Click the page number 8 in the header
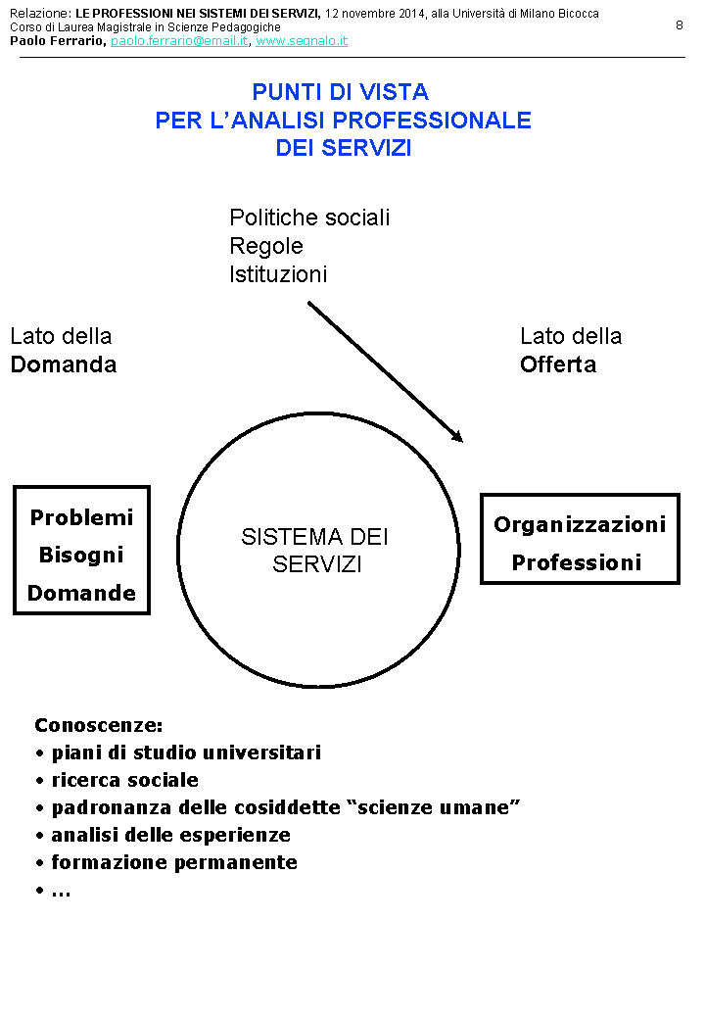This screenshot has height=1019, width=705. [x=680, y=25]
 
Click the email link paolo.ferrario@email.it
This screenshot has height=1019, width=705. [x=179, y=41]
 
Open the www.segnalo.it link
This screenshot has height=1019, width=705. [x=302, y=41]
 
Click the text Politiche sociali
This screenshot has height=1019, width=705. [x=309, y=218]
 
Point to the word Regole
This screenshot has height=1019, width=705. [x=266, y=246]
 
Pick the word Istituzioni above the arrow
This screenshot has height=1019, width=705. [x=278, y=274]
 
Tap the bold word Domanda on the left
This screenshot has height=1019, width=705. [x=64, y=364]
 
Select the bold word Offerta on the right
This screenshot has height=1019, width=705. [x=558, y=364]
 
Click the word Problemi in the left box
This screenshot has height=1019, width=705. [x=81, y=518]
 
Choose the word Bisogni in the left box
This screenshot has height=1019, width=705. [x=81, y=556]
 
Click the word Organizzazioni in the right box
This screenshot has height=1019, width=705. [x=580, y=525]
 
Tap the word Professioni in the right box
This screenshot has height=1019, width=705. [x=577, y=563]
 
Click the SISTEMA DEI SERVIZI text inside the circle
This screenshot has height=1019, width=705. [x=315, y=551]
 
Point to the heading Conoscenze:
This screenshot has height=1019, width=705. [x=99, y=726]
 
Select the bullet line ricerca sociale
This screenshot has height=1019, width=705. [x=124, y=781]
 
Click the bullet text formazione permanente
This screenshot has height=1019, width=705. [x=174, y=863]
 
